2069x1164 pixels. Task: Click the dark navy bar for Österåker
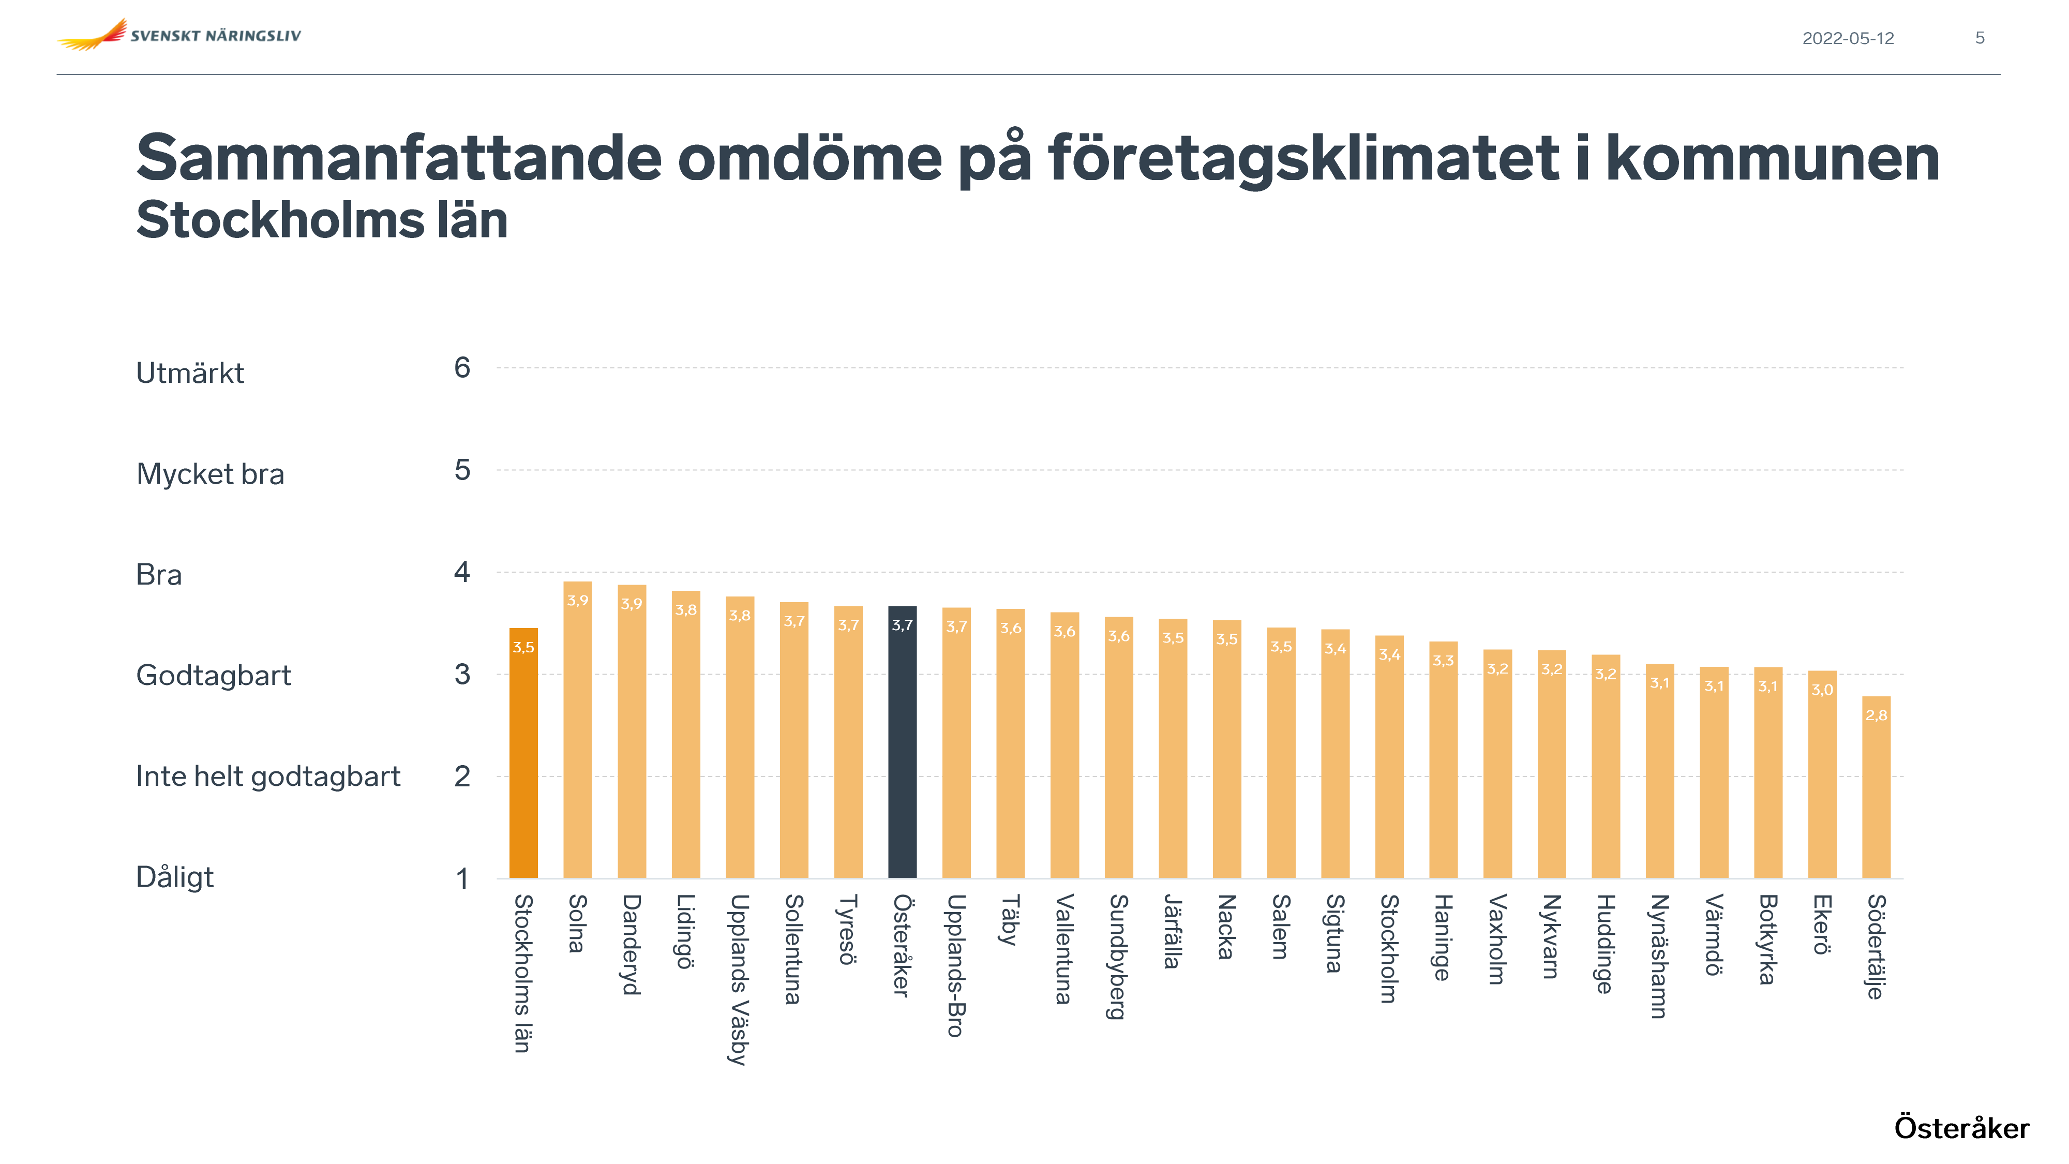coord(902,743)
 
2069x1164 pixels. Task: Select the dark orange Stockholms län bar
coord(523,755)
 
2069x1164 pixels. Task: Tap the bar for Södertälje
coord(1876,787)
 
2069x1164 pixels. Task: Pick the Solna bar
coord(577,731)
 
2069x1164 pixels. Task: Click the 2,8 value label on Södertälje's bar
coord(1876,715)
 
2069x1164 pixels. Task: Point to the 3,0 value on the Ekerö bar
coord(1822,689)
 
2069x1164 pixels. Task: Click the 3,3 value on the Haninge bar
coord(1443,660)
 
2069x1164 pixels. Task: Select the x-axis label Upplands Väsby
coord(739,979)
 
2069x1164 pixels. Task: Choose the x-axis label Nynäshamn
coord(1659,956)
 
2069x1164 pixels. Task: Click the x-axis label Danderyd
coord(631,945)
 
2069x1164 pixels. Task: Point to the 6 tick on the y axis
coord(462,368)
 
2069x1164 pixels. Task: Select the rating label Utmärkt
coord(189,374)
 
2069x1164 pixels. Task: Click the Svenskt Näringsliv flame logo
coord(93,35)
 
